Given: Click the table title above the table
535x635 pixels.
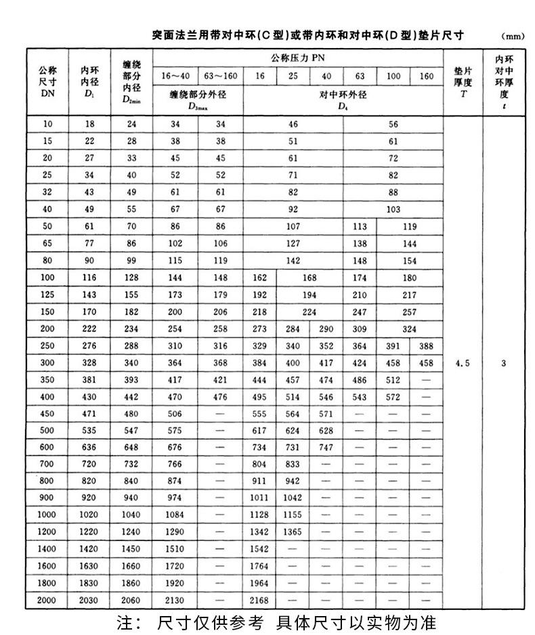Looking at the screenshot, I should [307, 34].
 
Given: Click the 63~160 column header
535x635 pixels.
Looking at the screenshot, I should [220, 76].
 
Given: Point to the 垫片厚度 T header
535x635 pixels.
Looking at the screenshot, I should [463, 82].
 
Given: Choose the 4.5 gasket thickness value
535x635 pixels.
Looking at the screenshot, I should [463, 362].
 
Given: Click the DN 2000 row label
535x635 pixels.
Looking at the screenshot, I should [48, 600].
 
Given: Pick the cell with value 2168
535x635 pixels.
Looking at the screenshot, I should [259, 600].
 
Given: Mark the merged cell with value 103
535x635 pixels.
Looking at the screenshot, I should [393, 209].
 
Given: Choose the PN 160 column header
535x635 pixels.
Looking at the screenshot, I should [426, 76].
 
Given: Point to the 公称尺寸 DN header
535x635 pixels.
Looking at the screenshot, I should [48, 82].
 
